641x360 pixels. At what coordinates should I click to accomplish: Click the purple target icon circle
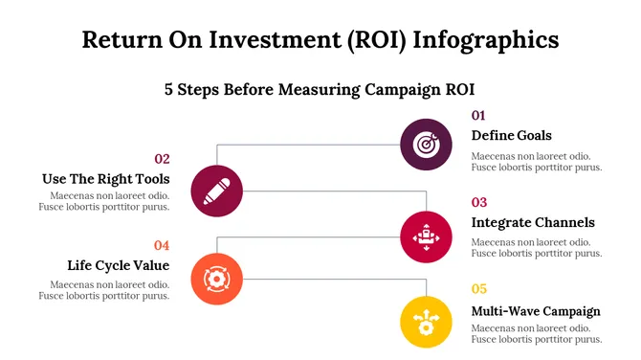(x=426, y=145)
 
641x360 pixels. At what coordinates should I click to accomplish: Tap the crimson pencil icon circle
(x=217, y=190)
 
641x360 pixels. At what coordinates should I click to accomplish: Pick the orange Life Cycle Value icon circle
(x=217, y=279)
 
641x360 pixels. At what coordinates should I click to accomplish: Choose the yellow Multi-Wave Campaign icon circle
(x=426, y=322)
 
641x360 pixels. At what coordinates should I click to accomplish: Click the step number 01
(x=478, y=116)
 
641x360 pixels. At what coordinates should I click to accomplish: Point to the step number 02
(x=162, y=159)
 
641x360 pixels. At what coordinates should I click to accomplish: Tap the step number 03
(x=479, y=202)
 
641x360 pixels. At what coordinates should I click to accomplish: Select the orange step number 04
(x=162, y=245)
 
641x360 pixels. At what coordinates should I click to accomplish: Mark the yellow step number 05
(x=479, y=288)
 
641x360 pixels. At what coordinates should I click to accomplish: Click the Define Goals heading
(x=511, y=135)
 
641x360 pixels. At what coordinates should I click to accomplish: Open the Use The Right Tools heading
(x=106, y=179)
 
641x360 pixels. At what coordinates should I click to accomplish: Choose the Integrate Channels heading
(x=533, y=222)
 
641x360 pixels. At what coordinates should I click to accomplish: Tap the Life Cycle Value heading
(x=118, y=265)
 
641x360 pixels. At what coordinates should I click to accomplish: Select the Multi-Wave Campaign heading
(x=536, y=310)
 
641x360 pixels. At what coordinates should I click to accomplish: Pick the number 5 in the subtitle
(x=169, y=89)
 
